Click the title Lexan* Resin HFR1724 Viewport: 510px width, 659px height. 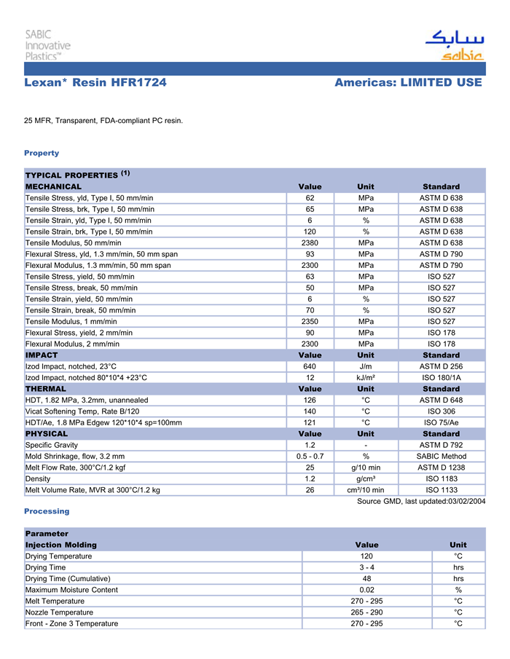pos(95,83)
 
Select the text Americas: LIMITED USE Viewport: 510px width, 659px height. pos(408,83)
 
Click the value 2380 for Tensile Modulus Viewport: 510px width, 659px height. pos(310,243)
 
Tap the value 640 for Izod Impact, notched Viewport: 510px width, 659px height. pos(310,366)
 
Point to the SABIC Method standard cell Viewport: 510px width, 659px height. pos(441,457)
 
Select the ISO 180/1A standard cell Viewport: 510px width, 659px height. pos(441,378)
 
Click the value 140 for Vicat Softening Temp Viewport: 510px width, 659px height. pos(310,411)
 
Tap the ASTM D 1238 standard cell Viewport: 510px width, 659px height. pos(441,467)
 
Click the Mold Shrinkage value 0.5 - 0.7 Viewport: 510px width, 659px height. pos(310,457)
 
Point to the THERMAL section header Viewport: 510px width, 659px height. pos(46,389)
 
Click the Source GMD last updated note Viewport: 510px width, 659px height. pos(421,501)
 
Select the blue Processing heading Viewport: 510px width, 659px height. pos(46,512)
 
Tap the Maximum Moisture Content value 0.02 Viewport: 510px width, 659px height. pos(366,590)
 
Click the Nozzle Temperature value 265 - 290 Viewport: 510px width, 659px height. pos(366,612)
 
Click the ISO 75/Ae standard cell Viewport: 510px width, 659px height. pos(441,422)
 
